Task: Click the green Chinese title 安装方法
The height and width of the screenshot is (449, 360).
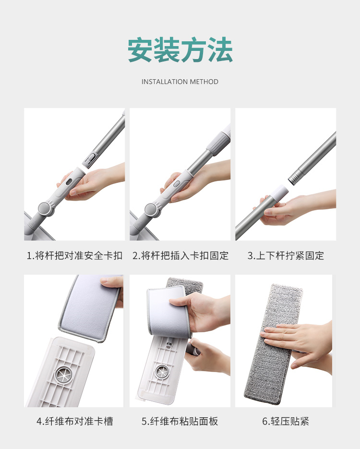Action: click(x=180, y=49)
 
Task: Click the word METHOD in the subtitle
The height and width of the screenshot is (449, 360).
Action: click(x=204, y=82)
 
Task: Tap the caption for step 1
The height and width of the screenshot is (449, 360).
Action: click(x=74, y=255)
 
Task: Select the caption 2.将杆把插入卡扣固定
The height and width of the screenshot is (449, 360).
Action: click(x=180, y=255)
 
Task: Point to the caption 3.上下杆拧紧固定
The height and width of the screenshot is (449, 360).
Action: click(x=286, y=255)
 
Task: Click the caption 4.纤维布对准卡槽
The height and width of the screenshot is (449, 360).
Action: click(x=75, y=421)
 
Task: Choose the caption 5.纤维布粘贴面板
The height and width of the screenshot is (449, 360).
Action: click(x=180, y=421)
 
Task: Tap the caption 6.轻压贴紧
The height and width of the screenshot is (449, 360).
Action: click(x=286, y=421)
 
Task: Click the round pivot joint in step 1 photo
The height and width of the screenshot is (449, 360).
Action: click(x=46, y=209)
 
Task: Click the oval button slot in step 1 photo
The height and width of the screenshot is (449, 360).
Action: click(x=69, y=182)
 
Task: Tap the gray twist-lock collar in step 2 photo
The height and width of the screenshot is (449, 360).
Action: click(x=218, y=144)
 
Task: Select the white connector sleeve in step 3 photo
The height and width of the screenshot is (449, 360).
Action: click(x=279, y=193)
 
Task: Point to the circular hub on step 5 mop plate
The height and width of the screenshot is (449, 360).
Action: click(x=162, y=372)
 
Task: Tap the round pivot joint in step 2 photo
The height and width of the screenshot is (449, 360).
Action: click(x=152, y=209)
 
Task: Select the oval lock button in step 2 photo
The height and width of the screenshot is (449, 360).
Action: click(x=177, y=183)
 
